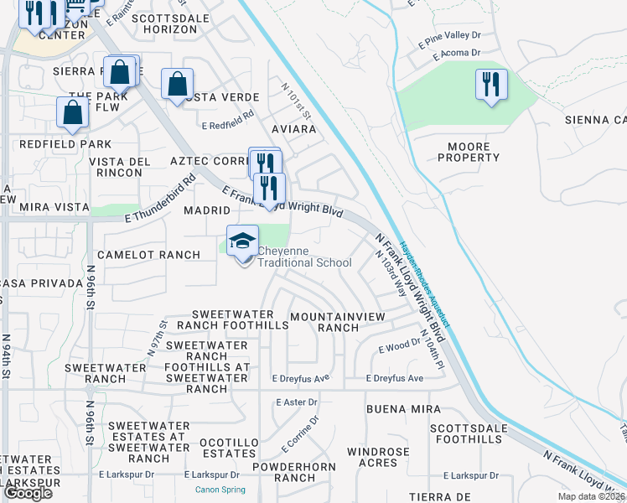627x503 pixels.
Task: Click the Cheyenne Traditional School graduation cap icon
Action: (243, 241)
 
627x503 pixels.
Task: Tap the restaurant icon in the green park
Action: (491, 85)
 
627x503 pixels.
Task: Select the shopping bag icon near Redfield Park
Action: (73, 113)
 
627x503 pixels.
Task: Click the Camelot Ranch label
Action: (148, 254)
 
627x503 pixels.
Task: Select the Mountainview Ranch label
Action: (337, 322)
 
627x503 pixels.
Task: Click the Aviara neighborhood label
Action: (294, 130)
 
